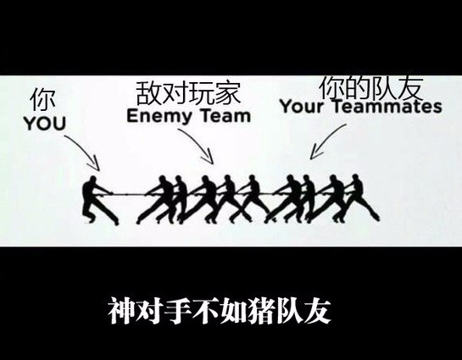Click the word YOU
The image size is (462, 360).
(45, 124)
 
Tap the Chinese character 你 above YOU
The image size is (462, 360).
(42, 100)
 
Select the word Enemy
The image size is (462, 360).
(159, 117)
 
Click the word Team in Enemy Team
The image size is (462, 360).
(225, 115)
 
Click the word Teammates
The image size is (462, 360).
(387, 106)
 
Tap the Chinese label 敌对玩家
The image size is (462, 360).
(188, 93)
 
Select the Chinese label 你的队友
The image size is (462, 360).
(371, 87)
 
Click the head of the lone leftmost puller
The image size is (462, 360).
(92, 180)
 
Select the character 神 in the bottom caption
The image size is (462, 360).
(122, 311)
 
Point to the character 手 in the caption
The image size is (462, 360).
(178, 311)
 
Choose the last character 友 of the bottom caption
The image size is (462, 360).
(317, 311)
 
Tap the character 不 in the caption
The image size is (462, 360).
(206, 311)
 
